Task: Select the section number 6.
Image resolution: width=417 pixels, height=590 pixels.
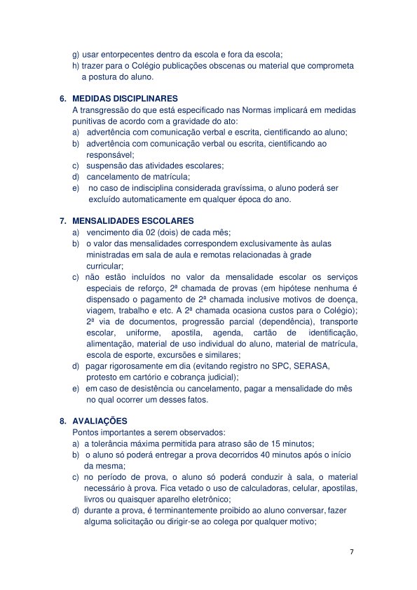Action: [x=63, y=99]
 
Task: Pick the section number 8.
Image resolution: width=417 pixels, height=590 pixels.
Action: [x=63, y=421]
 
